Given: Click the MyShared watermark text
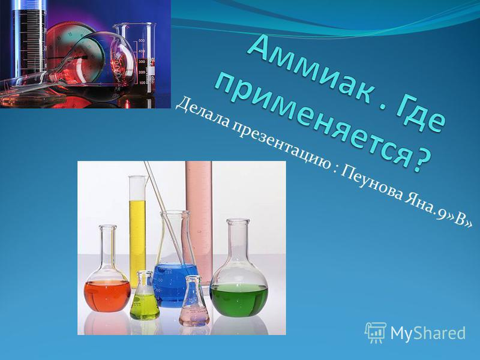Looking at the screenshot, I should [429, 332].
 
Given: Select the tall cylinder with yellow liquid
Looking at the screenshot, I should [137, 228].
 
